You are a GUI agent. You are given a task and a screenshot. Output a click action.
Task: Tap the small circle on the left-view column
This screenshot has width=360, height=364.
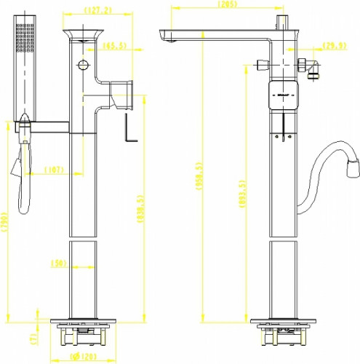click(x=83, y=66)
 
